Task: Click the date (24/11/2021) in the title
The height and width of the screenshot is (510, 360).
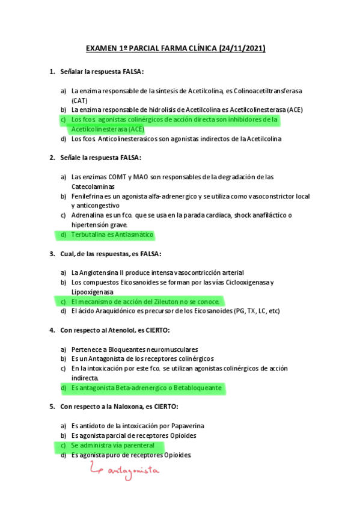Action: coord(242,48)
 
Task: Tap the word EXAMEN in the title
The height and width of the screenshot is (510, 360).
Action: coord(102,48)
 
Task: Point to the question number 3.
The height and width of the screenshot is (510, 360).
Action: coord(52,254)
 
